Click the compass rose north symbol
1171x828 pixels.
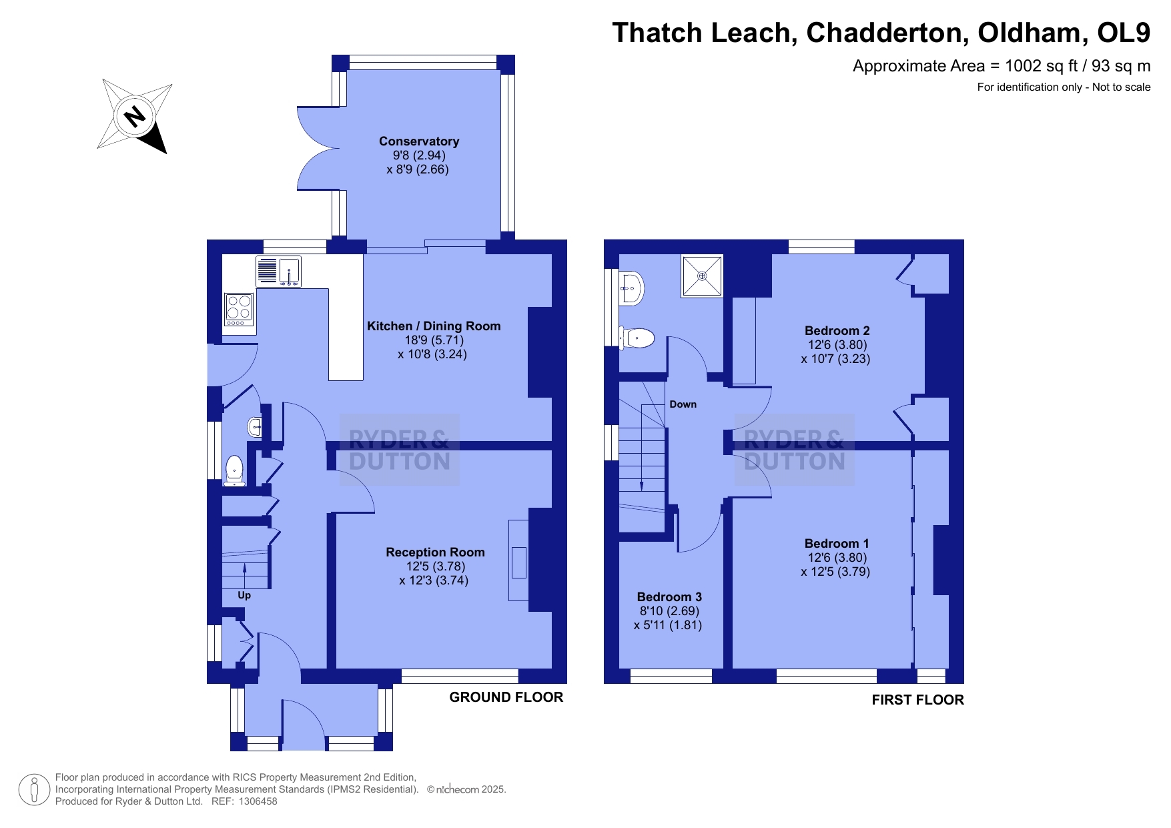point(135,116)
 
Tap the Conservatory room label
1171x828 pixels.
point(419,141)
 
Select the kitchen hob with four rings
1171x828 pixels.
point(239,310)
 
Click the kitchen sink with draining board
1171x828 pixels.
point(278,272)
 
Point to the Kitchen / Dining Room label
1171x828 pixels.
point(434,326)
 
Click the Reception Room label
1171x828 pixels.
point(435,552)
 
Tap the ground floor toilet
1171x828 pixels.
point(234,470)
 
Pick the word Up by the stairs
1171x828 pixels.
point(244,595)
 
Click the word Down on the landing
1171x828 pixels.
point(683,404)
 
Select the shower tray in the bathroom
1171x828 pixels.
point(702,276)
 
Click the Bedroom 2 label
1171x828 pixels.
point(837,331)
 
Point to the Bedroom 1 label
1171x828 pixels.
point(837,544)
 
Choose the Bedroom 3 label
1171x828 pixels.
point(669,597)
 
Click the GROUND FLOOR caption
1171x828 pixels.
point(506,697)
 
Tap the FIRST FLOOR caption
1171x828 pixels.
point(918,700)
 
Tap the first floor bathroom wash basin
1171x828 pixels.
point(631,288)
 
